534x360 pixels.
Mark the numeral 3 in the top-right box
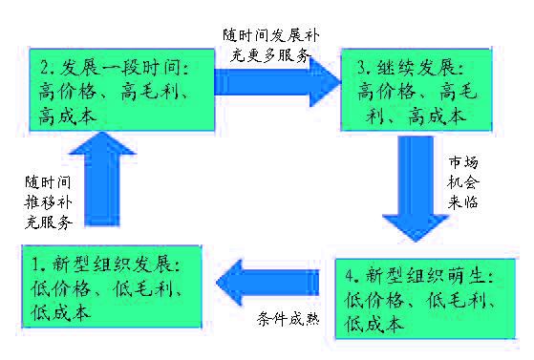tap(361, 70)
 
